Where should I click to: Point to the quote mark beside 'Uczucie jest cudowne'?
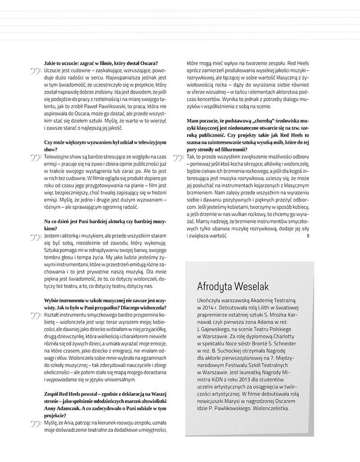(x=35, y=71)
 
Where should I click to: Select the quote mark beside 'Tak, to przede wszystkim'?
(x=178, y=157)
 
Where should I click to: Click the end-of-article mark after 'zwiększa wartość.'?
(x=307, y=235)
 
